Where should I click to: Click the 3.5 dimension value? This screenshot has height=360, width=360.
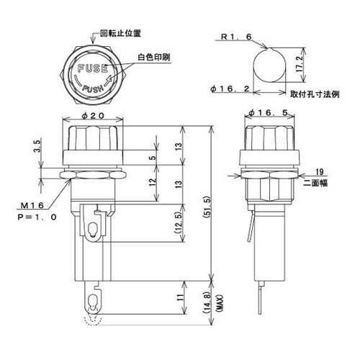(x=36, y=153)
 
